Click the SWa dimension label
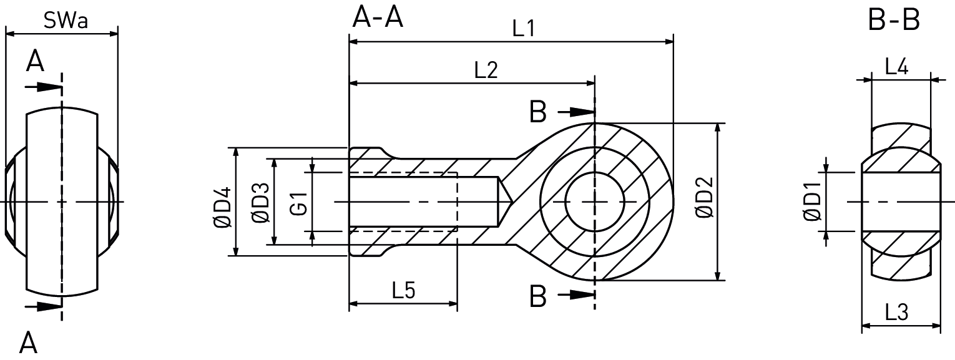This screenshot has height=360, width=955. [x=65, y=21]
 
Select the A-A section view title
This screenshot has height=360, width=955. [x=378, y=17]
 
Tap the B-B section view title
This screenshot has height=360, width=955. [x=894, y=21]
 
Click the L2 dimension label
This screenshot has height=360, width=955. [x=486, y=70]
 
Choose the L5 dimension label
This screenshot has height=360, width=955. [x=403, y=291]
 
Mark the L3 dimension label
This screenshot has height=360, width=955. [x=896, y=312]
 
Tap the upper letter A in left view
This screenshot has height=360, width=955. [x=35, y=62]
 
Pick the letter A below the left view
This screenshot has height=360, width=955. [x=28, y=343]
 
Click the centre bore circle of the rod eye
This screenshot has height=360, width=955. [x=594, y=202]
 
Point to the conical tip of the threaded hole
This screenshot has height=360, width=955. [x=506, y=202]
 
